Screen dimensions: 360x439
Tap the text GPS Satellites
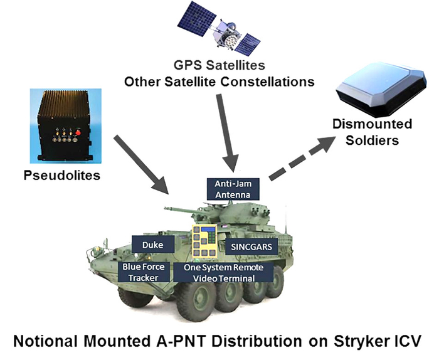click(x=220, y=65)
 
